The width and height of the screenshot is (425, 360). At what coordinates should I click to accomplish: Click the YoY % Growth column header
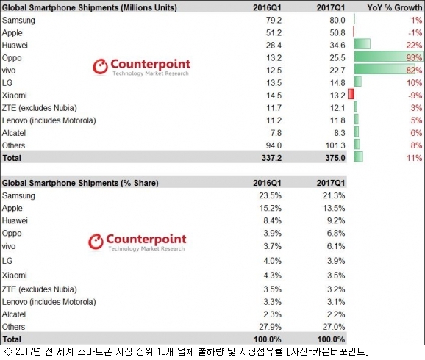click(x=395, y=7)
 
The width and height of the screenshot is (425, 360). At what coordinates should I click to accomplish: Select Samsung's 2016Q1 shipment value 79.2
click(x=274, y=21)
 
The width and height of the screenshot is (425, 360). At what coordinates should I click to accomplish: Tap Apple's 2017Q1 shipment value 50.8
click(x=337, y=33)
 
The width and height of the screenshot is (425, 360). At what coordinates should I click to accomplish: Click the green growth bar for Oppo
click(x=388, y=57)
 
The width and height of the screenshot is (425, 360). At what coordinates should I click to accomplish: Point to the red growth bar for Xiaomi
click(x=351, y=94)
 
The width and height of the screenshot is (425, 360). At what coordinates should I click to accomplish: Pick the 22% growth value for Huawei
click(x=414, y=46)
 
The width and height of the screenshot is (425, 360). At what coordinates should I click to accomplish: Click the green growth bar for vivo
click(x=385, y=69)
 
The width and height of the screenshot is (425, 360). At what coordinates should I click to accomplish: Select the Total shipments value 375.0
click(x=335, y=158)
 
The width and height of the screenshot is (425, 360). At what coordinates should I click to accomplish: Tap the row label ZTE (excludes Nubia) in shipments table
click(x=40, y=108)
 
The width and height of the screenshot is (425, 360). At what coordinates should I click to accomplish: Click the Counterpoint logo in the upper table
click(x=141, y=67)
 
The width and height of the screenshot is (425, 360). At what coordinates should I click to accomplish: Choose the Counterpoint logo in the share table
click(x=137, y=242)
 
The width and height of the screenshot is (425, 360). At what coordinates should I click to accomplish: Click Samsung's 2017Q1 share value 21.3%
click(x=334, y=195)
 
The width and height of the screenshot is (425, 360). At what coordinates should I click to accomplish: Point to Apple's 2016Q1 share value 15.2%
click(x=270, y=208)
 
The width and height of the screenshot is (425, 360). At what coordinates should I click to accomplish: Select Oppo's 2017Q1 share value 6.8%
click(x=336, y=233)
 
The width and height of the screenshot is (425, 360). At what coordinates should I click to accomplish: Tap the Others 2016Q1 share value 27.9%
click(x=270, y=327)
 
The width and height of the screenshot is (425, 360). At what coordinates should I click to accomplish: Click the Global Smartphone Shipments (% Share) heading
click(x=80, y=183)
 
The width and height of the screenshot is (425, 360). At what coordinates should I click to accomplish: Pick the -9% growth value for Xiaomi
click(x=415, y=96)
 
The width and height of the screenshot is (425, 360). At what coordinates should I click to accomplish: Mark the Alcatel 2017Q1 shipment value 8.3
click(x=340, y=133)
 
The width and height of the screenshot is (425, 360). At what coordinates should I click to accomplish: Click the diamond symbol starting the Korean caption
click(x=8, y=352)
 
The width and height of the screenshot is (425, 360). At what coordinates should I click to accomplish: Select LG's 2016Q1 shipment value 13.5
click(x=274, y=83)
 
